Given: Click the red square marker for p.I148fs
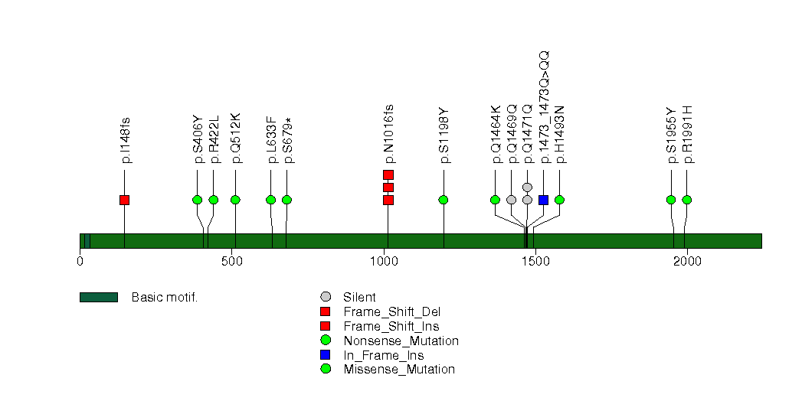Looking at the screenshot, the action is click(x=124, y=200).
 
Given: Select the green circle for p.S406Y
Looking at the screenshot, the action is click(x=198, y=200).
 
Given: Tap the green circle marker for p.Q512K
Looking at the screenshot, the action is click(x=235, y=200).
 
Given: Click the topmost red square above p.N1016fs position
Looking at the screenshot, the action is click(x=388, y=174).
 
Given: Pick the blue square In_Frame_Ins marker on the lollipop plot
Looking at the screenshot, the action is click(x=544, y=200).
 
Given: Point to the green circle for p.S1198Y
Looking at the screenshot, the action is click(x=444, y=200).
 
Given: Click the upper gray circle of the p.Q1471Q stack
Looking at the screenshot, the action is click(x=527, y=187).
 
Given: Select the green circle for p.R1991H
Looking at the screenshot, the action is click(x=687, y=200).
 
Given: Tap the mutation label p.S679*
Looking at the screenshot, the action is click(x=289, y=141).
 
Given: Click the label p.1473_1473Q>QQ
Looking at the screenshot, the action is click(x=544, y=107).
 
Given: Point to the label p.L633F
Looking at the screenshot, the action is click(x=272, y=140).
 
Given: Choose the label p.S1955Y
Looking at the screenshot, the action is click(x=672, y=136).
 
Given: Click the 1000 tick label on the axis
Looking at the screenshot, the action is click(x=384, y=262).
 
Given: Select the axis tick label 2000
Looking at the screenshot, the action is click(x=687, y=262).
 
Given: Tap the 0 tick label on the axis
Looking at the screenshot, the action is click(x=80, y=262).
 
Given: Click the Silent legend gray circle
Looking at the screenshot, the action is click(x=326, y=297).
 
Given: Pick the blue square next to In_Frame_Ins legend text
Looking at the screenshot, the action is click(x=326, y=354).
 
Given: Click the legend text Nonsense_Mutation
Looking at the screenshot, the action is click(x=401, y=341).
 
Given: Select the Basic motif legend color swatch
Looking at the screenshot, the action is click(x=99, y=297).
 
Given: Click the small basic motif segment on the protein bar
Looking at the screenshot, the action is click(x=87, y=241).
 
